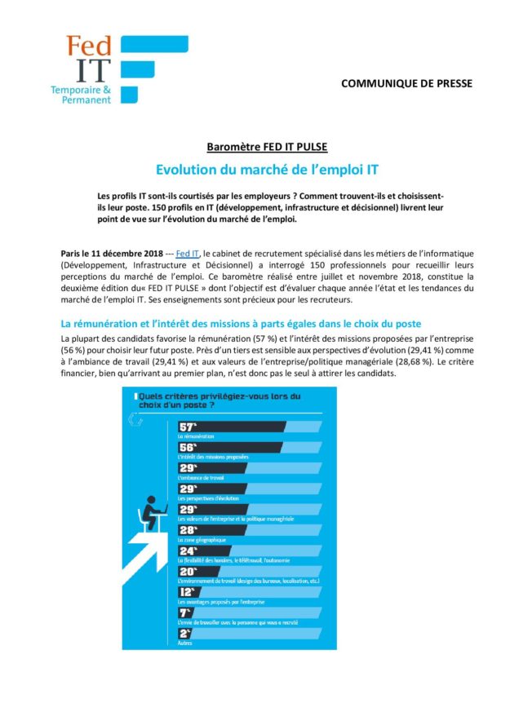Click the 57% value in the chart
188,427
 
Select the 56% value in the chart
188,448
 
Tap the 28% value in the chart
188,529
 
